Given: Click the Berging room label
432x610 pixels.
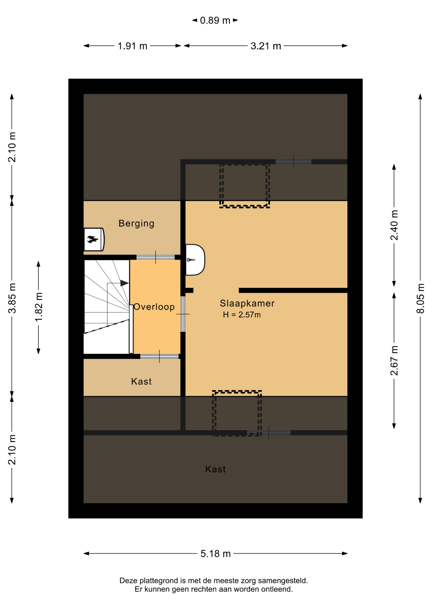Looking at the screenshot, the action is [136, 223].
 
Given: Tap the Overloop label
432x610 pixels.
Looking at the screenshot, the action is [154, 307].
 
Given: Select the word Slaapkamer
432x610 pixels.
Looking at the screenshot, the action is [247, 303].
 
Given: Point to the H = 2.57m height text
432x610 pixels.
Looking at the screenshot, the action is [242, 315].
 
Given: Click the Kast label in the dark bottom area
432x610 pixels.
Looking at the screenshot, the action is [215, 469].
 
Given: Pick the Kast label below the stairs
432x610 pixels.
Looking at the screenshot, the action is [141, 381].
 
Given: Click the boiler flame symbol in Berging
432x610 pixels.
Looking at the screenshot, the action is [93, 239].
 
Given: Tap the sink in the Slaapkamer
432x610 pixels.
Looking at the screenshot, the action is [195, 260].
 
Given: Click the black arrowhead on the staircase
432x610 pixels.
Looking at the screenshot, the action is [124, 283].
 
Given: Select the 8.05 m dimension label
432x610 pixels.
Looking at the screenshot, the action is [421, 298].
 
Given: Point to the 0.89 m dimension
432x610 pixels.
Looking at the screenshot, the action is [215, 20].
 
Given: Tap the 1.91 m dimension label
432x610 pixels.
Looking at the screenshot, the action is [132, 46].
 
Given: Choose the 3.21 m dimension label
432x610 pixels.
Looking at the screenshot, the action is [266, 46].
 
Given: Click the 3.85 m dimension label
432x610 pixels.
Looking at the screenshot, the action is [12, 298].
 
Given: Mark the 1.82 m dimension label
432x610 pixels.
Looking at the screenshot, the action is [38, 307].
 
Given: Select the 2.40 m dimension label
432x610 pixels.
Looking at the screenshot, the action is [394, 225].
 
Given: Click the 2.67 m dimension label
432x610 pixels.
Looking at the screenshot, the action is [394, 360].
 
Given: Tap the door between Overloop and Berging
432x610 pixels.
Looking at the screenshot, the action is [156, 257].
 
